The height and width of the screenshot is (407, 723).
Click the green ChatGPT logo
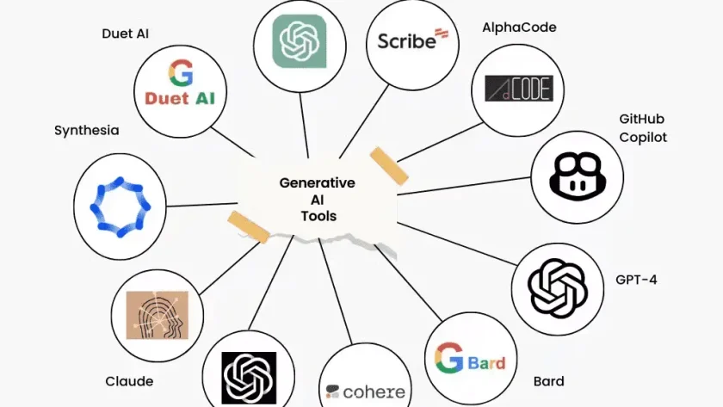click(x=300, y=41)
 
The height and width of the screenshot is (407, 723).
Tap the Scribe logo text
click(x=406, y=41)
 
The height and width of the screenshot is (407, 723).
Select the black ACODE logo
click(x=519, y=89)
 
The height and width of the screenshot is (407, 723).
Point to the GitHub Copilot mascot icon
click(x=577, y=176)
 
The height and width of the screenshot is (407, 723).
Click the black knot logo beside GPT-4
click(x=558, y=289)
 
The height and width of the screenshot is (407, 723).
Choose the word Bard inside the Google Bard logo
click(x=487, y=363)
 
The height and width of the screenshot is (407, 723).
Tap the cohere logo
click(x=365, y=392)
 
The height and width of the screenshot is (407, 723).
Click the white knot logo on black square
click(x=249, y=378)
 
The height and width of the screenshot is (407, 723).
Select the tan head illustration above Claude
click(x=158, y=315)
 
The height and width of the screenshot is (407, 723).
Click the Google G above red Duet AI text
click(x=180, y=73)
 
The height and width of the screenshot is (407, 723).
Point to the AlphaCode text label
click(x=519, y=28)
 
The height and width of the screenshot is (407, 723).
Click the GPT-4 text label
click(x=636, y=280)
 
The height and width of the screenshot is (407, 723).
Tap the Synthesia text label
click(x=87, y=131)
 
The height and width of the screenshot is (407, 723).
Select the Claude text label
click(x=129, y=381)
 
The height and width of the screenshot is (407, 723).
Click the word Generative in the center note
click(x=318, y=183)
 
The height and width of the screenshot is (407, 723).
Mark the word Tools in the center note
click(x=318, y=216)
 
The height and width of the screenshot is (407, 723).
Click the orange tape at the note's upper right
click(x=389, y=166)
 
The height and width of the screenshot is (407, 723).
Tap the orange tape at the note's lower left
click(x=249, y=226)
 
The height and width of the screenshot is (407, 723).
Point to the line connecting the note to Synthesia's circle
click(x=202, y=204)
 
